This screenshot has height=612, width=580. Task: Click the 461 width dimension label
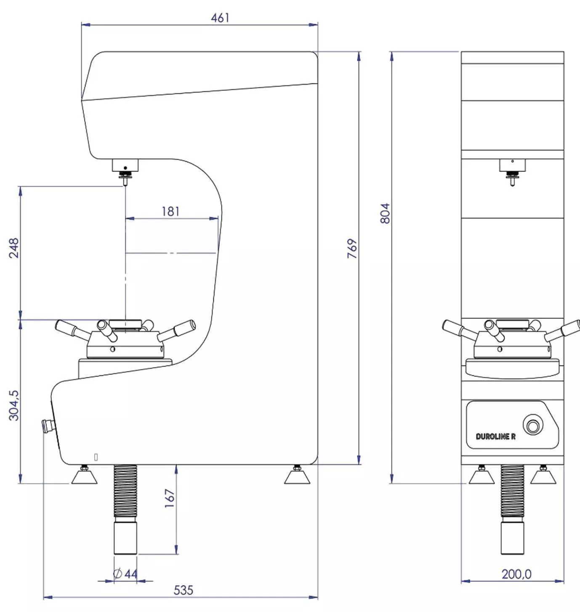point(220,18)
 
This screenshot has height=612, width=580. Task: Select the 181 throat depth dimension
point(170,211)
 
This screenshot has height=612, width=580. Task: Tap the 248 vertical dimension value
point(14,248)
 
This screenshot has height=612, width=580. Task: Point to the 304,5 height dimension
point(14,405)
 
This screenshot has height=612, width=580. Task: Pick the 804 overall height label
point(385,213)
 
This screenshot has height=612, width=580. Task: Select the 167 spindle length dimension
point(170,498)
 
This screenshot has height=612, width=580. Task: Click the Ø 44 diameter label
point(125,573)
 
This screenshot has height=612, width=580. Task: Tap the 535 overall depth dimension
point(183,590)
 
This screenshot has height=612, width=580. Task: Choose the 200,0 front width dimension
point(516,574)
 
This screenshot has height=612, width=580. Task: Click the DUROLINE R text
point(495,437)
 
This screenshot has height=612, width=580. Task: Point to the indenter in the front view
point(512,181)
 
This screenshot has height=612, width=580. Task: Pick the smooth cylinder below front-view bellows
point(512,538)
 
